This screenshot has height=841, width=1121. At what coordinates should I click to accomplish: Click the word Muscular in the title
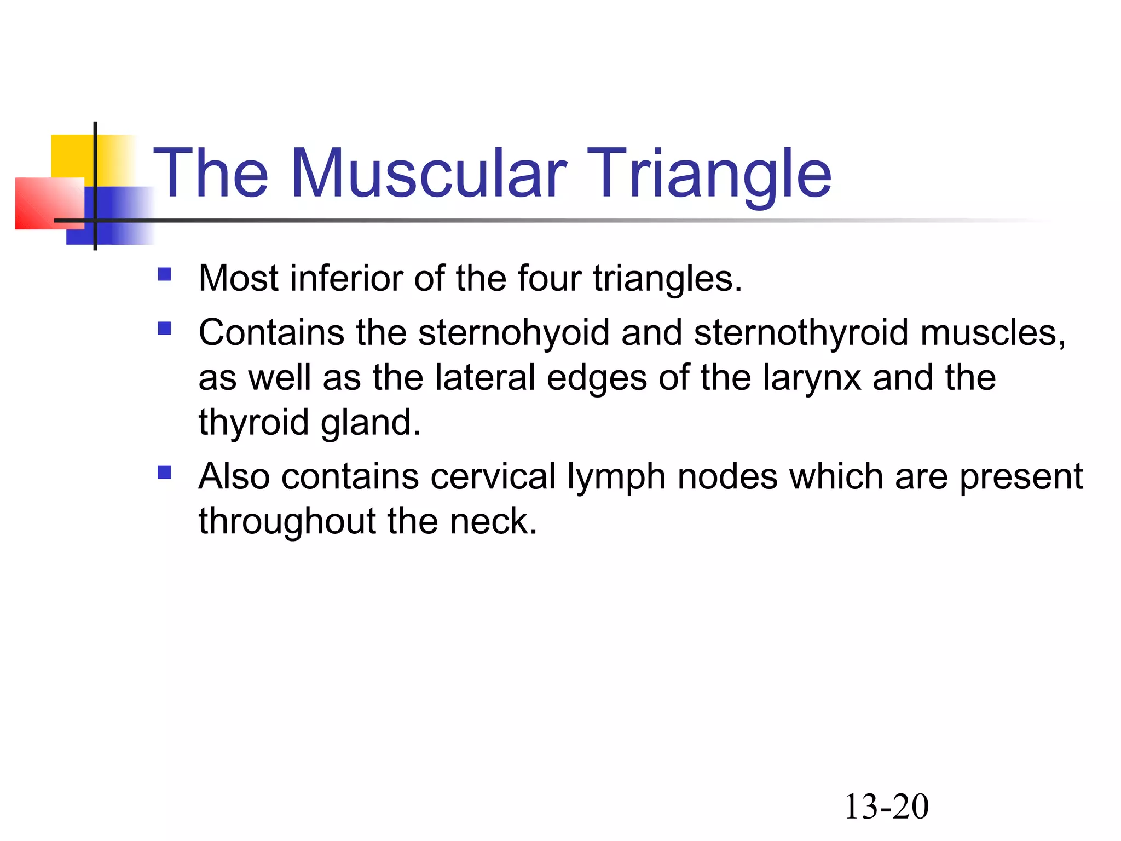point(429,174)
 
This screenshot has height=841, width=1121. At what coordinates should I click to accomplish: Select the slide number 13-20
point(886,807)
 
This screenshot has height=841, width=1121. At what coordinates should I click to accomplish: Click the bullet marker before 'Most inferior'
point(164,274)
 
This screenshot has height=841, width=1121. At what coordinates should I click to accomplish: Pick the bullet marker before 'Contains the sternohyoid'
point(164,328)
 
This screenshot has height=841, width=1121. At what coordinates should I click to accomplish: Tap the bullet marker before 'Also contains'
point(164,472)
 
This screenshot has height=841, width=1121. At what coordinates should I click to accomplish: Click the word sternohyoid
point(513,333)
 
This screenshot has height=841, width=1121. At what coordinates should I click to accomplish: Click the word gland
point(371,423)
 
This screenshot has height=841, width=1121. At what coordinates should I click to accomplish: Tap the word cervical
point(493,476)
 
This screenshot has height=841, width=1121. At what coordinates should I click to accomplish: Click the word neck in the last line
point(493,521)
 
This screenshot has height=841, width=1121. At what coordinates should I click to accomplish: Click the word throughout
point(287,521)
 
